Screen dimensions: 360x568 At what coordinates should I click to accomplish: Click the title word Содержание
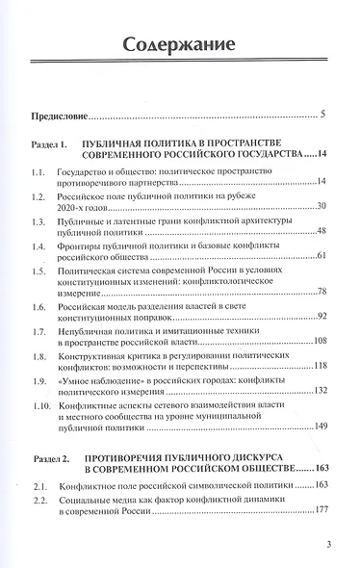click(180, 44)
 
